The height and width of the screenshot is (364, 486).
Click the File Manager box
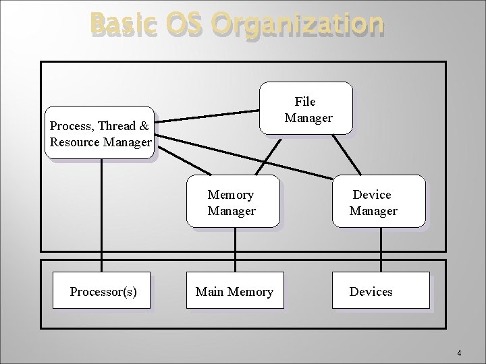[x=306, y=109]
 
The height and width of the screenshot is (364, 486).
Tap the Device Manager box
[x=379, y=202]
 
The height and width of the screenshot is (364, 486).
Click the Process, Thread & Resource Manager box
[x=100, y=133]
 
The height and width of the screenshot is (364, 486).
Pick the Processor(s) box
[x=102, y=291]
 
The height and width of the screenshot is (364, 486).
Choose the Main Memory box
[x=235, y=291]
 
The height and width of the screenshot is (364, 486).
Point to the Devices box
[x=380, y=291]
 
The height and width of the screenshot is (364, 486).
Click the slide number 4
[x=459, y=353]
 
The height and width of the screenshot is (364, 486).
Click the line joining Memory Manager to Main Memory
[x=235, y=249]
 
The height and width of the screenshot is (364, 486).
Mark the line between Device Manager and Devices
[x=381, y=249]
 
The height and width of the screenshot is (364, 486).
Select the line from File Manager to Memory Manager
[x=268, y=154]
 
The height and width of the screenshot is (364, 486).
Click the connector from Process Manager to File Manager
[x=207, y=116]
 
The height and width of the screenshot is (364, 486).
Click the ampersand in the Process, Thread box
[x=144, y=126]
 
